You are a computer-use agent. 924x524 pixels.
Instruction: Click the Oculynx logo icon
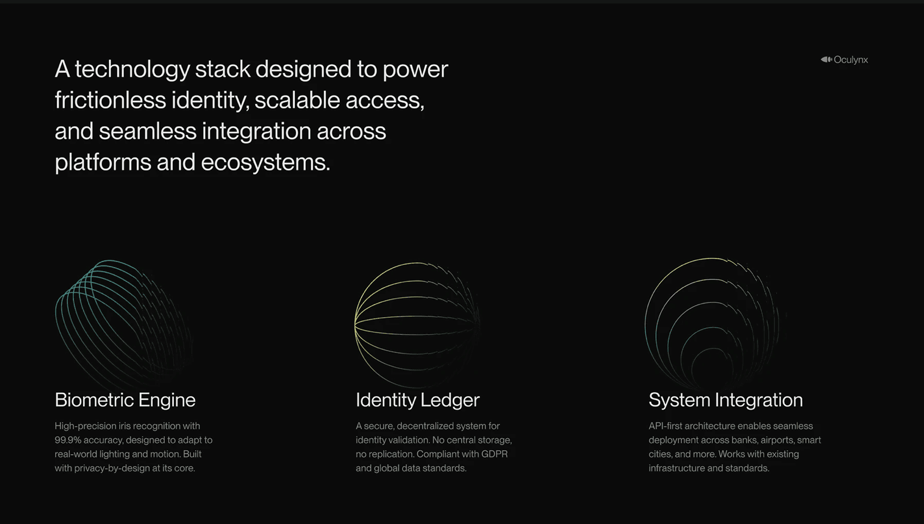click(x=826, y=59)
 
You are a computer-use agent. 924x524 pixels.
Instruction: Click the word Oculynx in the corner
click(x=851, y=60)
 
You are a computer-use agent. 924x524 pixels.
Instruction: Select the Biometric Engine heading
click(x=125, y=400)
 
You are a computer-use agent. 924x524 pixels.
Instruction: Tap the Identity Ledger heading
click(x=418, y=400)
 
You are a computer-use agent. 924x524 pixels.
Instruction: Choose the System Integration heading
click(x=726, y=400)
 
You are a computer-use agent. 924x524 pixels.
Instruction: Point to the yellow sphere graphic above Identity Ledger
click(x=417, y=325)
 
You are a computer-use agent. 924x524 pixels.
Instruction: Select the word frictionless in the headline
click(x=110, y=101)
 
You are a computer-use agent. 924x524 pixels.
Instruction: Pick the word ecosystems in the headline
click(x=265, y=163)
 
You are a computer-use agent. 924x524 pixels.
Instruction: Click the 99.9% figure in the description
click(x=68, y=440)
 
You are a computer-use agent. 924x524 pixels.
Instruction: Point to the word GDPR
click(x=494, y=454)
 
